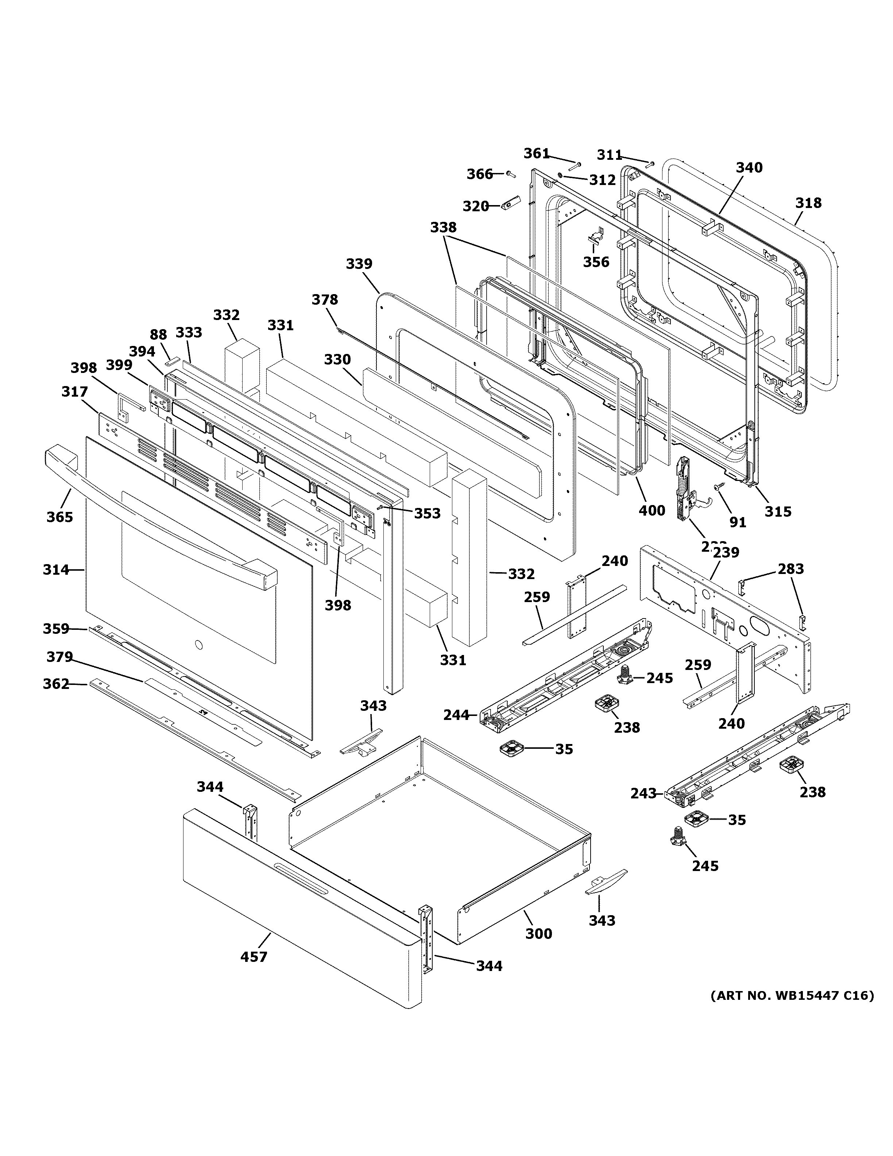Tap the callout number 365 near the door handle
point(59,517)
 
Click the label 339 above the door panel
point(359,263)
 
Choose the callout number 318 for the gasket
point(808,203)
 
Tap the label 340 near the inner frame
point(749,168)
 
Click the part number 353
point(427,513)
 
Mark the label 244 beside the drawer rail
point(456,716)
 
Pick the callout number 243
point(643,808)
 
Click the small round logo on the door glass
point(198,645)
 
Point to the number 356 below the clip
point(596,262)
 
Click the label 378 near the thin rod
point(324,300)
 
